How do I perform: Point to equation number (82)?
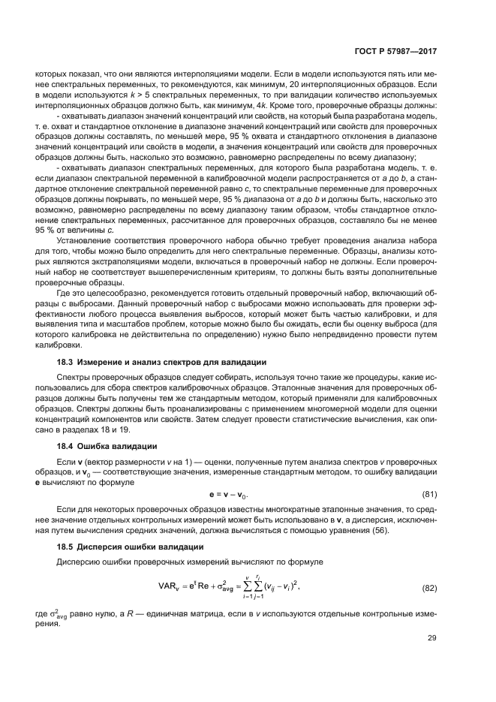tap(428, 588)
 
